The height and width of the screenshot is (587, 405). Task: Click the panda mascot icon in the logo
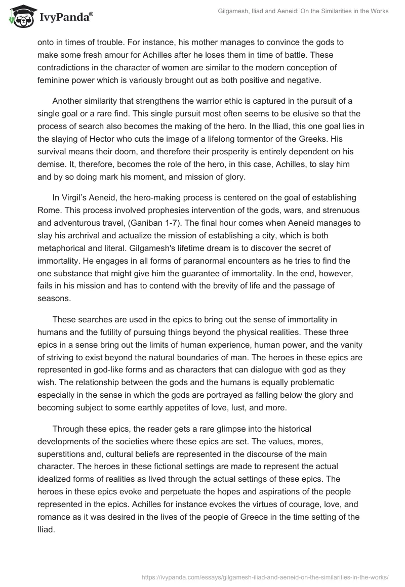coord(20,16)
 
